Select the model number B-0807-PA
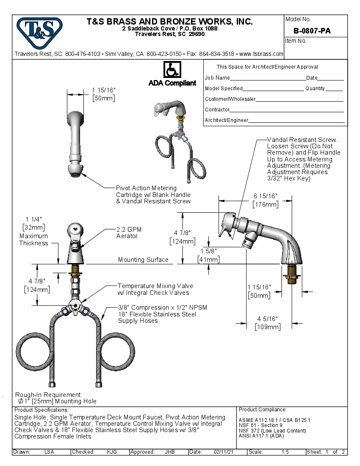point(312,31)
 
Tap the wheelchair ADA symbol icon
point(172,69)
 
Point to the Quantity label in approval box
point(315,89)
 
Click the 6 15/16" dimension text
point(265,196)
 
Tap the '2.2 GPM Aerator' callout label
point(129,233)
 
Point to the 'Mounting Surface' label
point(143,260)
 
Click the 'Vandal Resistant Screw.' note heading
point(302,140)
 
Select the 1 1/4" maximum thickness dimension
point(33,219)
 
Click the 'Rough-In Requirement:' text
point(49,394)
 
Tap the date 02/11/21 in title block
point(224,452)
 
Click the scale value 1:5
point(285,452)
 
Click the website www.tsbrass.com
point(261,54)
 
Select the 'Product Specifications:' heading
point(41,410)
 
